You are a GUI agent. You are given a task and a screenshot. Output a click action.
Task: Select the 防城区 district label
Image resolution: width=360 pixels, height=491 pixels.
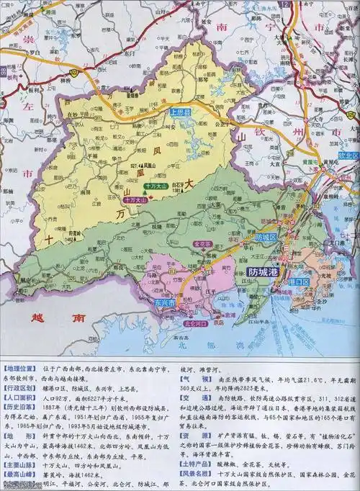(x=266, y=237)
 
